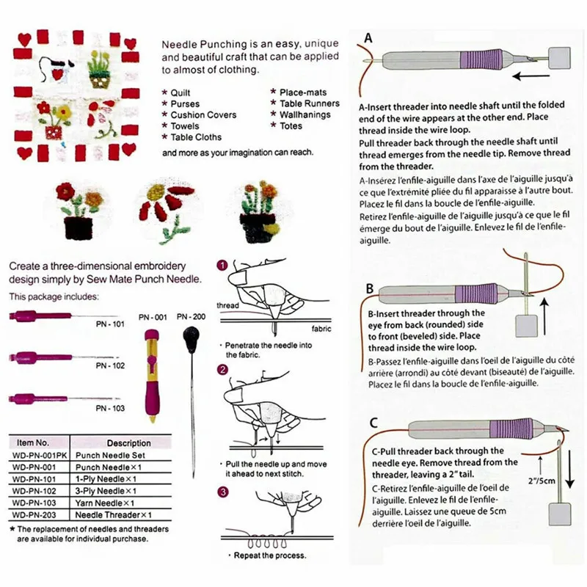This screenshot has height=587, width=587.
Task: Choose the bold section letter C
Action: tap(373, 422)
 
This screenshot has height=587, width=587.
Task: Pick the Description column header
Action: tap(128, 443)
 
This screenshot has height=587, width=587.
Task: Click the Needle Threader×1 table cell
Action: tap(119, 515)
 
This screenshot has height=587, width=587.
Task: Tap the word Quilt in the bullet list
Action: tap(181, 93)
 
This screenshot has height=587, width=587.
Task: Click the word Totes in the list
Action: tap(291, 126)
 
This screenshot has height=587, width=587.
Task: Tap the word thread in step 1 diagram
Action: tap(228, 305)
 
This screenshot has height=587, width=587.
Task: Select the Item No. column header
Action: tap(32, 443)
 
